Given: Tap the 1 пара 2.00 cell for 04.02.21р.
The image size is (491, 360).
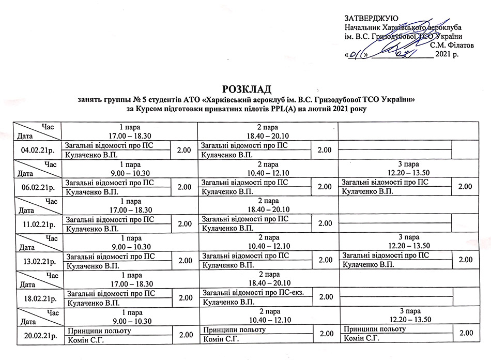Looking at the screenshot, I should tap(185, 150).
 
